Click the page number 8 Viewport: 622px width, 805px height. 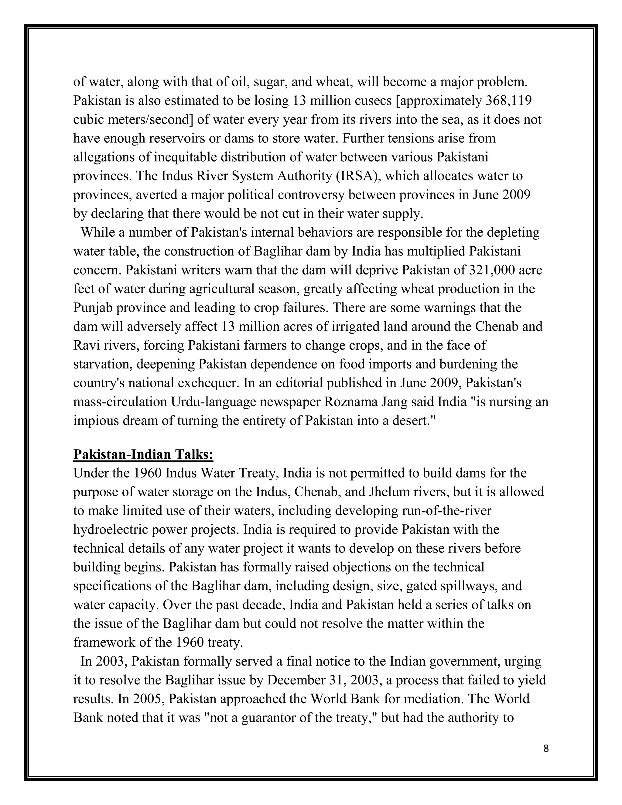(546, 748)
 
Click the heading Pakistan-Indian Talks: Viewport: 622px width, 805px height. (143, 454)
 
